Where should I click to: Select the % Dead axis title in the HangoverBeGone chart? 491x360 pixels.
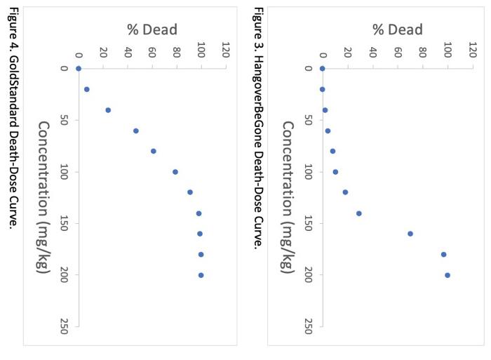397,29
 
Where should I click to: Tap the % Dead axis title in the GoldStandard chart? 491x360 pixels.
152,29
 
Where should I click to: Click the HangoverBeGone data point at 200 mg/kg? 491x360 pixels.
448,275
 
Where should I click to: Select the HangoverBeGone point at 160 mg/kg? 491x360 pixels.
410,234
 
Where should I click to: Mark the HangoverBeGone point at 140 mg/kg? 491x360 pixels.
359,213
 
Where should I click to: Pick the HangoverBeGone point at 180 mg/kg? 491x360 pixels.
443,254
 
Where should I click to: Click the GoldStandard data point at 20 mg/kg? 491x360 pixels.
87,89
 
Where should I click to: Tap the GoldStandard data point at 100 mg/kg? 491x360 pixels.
175,172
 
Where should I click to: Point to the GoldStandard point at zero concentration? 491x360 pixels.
79,69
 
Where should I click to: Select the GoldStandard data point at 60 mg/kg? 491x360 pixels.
136,131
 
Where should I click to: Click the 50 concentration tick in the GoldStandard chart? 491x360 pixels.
65,120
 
